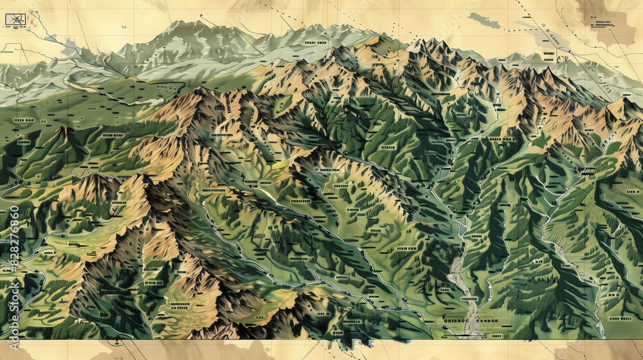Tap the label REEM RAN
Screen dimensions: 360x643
pyautogui.click(x=406, y=248)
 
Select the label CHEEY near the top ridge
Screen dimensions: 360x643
pyautogui.click(x=316, y=43)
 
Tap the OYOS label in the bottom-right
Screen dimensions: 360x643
pyautogui.click(x=620, y=318)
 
